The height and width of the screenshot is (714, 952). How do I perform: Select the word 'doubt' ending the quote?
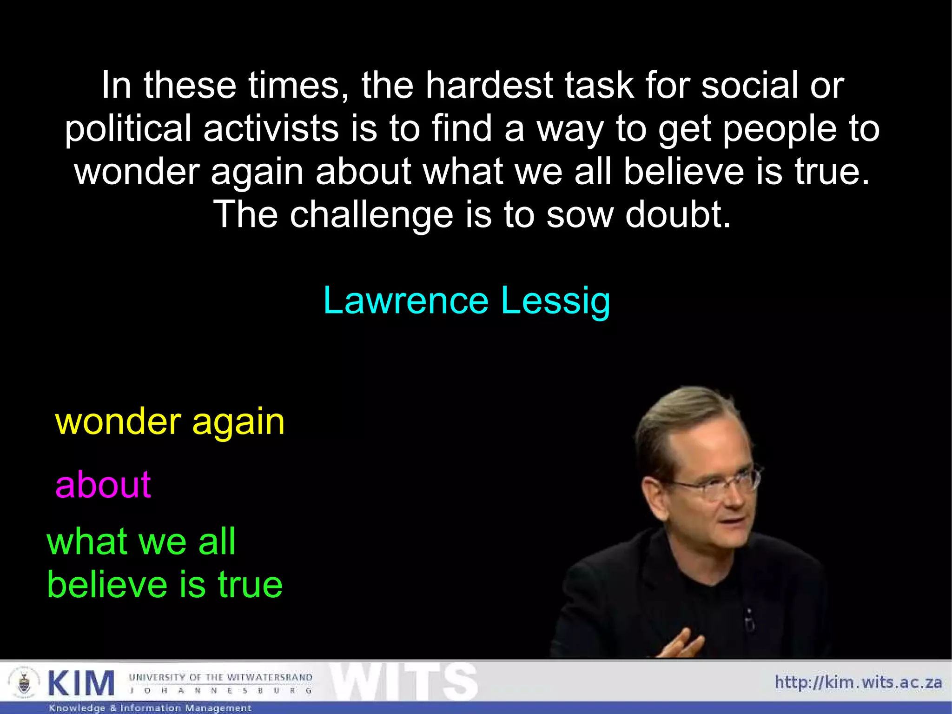678,214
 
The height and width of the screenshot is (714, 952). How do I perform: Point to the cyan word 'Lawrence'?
406,301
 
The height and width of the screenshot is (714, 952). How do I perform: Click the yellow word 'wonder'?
118,421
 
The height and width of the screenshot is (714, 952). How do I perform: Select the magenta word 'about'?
103,485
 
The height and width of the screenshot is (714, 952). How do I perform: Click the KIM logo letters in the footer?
81,684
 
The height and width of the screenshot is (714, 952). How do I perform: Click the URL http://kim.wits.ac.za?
858,682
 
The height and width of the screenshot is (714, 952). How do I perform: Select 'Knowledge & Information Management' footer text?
150,708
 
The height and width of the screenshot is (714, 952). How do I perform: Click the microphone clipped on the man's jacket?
749,619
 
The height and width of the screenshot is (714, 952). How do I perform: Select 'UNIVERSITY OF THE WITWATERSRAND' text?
220,677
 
